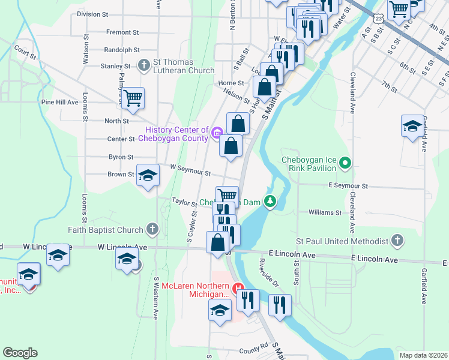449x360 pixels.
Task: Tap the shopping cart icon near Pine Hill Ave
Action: (x=133, y=97)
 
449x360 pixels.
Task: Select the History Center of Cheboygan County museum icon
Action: (x=217, y=132)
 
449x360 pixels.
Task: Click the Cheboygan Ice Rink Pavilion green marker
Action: (x=345, y=163)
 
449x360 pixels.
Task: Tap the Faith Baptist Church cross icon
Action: (x=152, y=229)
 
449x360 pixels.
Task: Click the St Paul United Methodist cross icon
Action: (x=396, y=241)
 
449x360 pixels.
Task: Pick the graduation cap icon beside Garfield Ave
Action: (x=412, y=126)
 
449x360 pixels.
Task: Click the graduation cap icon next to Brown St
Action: (x=148, y=175)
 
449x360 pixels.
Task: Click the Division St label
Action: (x=92, y=14)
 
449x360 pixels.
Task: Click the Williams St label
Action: (x=325, y=212)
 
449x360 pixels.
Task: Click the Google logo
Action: (x=20, y=353)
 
